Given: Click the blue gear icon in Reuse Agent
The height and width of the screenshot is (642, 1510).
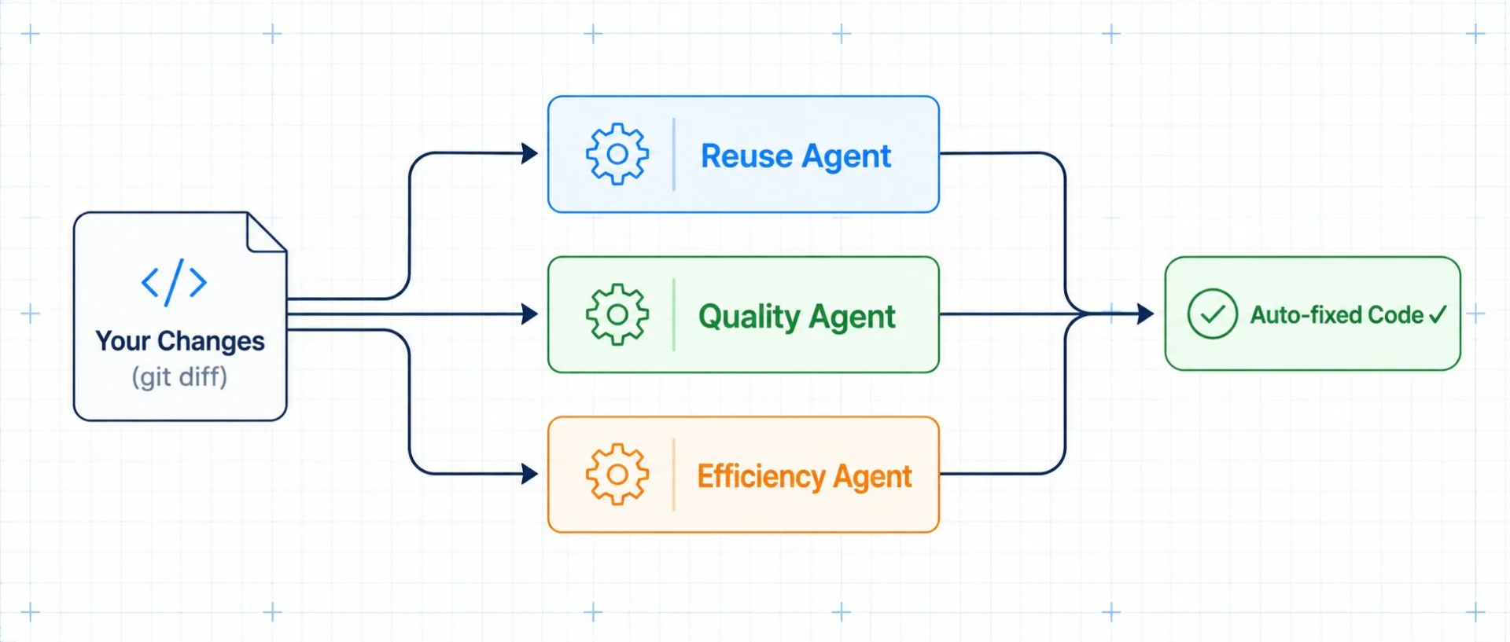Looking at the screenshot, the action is tap(617, 154).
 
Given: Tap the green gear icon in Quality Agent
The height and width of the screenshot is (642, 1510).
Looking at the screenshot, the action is tap(617, 314).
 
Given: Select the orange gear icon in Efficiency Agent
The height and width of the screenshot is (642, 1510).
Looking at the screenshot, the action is tap(617, 475).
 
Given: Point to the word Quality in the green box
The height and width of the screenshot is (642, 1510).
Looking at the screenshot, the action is tap(749, 317).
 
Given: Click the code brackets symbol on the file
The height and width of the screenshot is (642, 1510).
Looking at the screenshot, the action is tap(174, 282).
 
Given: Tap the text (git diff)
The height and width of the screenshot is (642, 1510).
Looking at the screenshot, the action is tap(179, 377).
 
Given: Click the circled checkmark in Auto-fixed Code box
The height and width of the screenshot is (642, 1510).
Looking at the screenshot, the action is tap(1212, 314).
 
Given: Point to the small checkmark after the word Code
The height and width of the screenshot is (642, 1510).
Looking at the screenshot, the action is tap(1438, 315).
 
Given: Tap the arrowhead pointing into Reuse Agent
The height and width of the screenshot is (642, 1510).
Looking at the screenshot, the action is tap(530, 153).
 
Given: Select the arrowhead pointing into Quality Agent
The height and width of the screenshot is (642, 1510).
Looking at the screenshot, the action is tap(530, 314).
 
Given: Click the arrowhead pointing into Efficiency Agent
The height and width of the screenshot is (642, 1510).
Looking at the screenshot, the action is tap(530, 474).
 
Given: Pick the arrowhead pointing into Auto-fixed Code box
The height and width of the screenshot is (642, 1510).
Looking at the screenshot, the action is tap(1146, 314).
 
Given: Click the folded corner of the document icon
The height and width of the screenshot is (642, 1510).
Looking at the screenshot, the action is tap(266, 233).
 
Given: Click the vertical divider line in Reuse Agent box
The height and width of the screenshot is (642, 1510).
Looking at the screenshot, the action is tap(674, 154).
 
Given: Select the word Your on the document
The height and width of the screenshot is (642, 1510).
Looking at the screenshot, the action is tap(123, 341).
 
